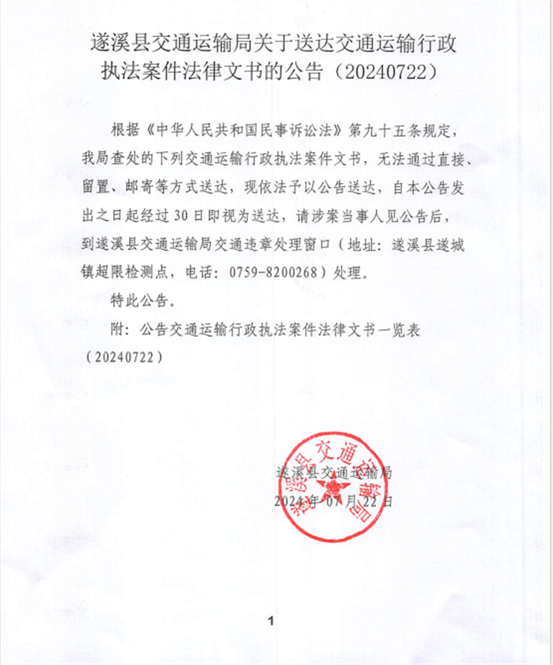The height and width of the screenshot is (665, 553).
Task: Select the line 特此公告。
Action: (x=142, y=302)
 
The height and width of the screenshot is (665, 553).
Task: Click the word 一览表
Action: (x=400, y=331)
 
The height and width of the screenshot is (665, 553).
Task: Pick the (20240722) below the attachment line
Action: (x=124, y=358)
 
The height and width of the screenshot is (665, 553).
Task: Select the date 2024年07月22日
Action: (x=334, y=502)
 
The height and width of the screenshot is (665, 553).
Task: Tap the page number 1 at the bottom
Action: (x=271, y=621)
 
